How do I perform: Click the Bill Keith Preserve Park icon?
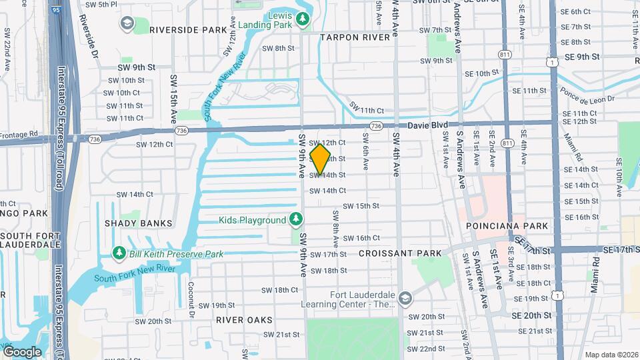tap(119, 254)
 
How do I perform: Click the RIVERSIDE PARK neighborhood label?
tap(179, 30)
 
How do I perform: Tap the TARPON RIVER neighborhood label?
tap(354, 37)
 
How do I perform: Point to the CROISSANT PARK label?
tap(400, 253)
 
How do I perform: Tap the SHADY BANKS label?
tap(138, 223)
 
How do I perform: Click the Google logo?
tap(22, 351)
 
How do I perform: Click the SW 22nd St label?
tap(426, 348)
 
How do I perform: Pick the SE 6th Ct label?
tap(576, 12)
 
